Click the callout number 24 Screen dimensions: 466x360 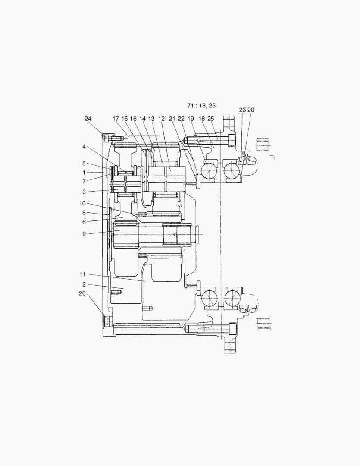coord(88,118)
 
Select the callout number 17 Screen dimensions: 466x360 coord(116,118)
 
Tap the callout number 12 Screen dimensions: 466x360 coord(162,118)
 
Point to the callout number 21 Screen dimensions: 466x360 coord(172,118)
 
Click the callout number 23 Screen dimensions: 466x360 coord(242,110)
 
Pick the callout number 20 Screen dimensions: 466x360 coord(250,110)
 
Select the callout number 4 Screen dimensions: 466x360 coord(84,147)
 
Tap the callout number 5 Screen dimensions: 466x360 coord(84,164)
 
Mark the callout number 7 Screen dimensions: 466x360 coord(84,182)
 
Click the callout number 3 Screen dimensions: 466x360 coord(84,192)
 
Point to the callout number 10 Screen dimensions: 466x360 coord(82,203)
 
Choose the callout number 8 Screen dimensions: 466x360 coord(84,212)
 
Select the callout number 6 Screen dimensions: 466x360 coord(84,222)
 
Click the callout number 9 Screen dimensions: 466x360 coord(84,234)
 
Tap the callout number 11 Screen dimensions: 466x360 coord(82,274)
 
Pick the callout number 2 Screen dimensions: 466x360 coord(84,284)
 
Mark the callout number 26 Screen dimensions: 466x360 coord(82,293)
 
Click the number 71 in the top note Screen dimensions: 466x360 coord(191,105)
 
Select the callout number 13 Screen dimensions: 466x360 coord(151,118)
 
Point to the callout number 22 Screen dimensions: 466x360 coord(181,118)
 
